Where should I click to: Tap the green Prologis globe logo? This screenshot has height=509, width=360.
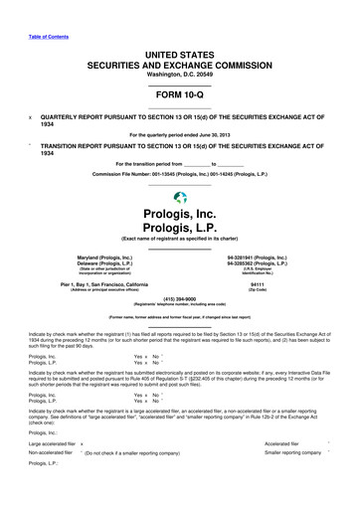point(179,198)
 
